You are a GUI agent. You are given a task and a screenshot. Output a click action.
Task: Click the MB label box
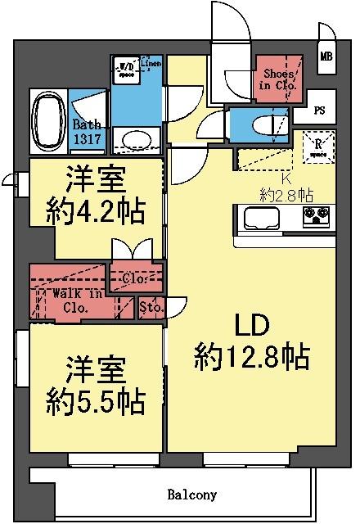pyautogui.click(x=326, y=56)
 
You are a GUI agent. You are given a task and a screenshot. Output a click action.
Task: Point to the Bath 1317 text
pyautogui.click(x=88, y=133)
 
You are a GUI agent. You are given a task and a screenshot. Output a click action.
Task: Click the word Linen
pyautogui.click(x=151, y=63)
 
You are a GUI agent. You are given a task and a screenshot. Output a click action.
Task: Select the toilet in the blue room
pyautogui.click(x=263, y=125)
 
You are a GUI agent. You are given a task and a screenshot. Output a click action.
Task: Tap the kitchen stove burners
pyautogui.click(x=317, y=217)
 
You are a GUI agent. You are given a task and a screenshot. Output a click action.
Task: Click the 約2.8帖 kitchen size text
pyautogui.click(x=286, y=194)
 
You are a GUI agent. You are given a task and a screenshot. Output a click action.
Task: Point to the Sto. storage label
pyautogui.click(x=151, y=308)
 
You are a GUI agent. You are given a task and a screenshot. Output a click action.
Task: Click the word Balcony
pyautogui.click(x=192, y=495)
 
